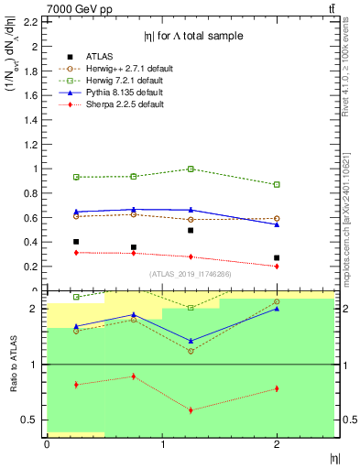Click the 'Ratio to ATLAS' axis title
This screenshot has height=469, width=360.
(x=12, y=365)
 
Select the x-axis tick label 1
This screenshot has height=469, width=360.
(x=161, y=445)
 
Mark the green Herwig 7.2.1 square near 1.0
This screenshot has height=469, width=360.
(x=190, y=169)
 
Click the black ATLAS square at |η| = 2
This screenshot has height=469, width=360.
(x=277, y=258)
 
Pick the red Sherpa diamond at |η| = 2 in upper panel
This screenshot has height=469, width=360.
(x=277, y=267)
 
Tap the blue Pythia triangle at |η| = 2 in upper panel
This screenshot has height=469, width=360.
(x=277, y=224)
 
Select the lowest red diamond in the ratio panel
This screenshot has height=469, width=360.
(x=190, y=409)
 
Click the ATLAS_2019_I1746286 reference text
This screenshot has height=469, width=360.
(x=190, y=273)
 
